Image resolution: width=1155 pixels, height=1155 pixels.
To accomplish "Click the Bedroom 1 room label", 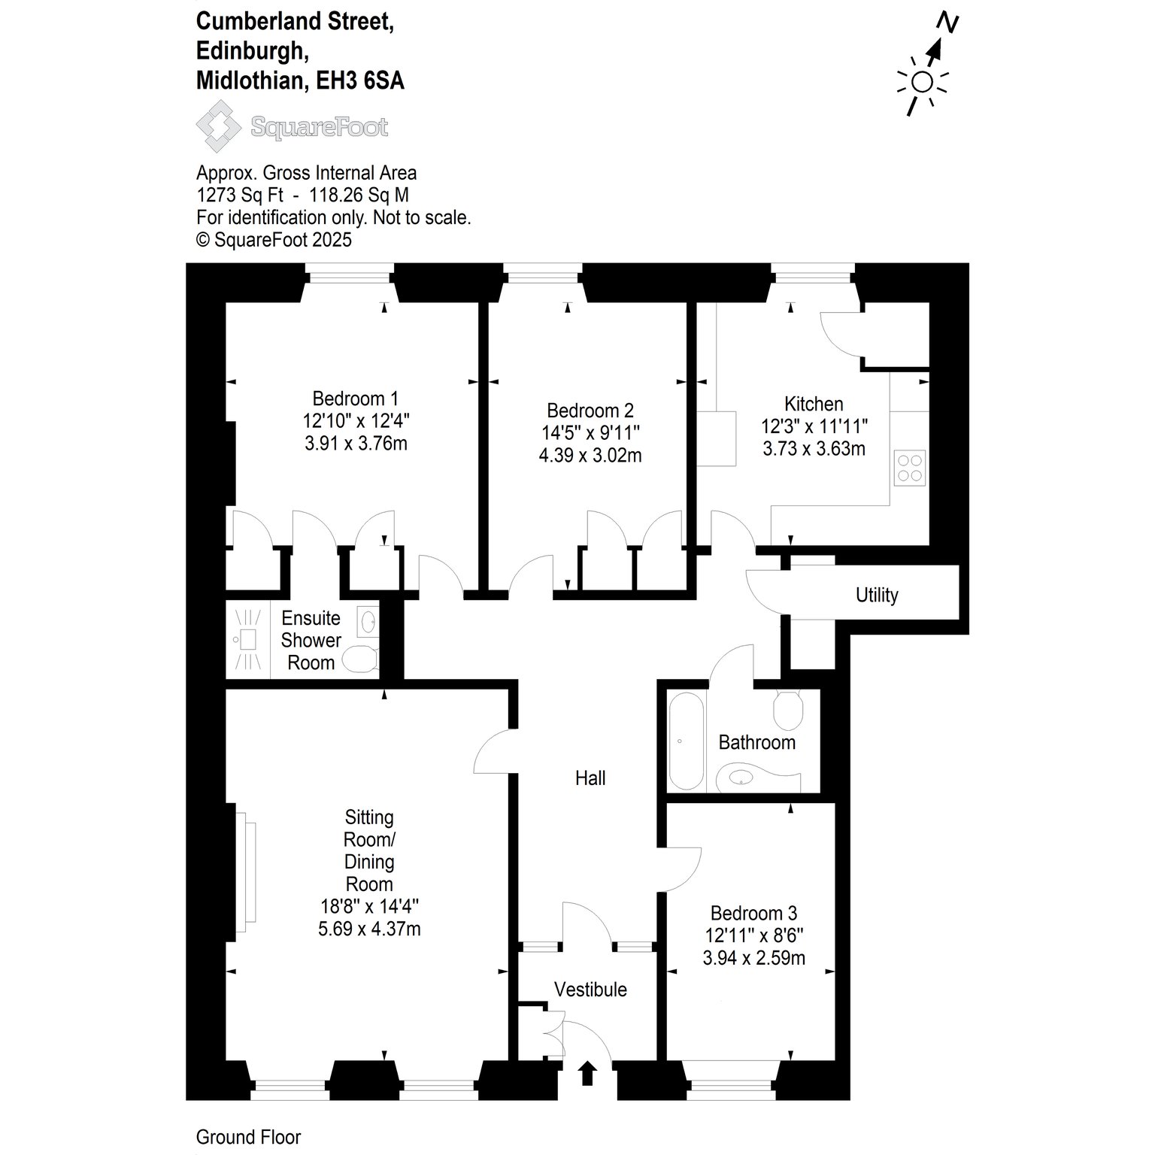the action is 356,399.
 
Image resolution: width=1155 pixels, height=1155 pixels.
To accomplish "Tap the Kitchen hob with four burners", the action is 910,467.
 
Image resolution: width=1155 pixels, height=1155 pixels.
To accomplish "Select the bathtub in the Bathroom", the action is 686,741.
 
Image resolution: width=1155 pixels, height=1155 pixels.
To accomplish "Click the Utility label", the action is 877,595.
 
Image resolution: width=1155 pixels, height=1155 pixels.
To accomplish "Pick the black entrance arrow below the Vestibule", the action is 587,1073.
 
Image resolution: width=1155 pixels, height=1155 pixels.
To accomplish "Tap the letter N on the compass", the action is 950,24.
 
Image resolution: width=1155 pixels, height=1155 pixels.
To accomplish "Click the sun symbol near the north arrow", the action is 923,81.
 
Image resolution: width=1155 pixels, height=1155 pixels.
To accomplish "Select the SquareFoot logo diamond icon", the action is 219,127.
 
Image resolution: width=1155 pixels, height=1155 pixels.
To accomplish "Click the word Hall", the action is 590,778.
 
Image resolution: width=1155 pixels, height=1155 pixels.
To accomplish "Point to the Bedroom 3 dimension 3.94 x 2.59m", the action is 753,958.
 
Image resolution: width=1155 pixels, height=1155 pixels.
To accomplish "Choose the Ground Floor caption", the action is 248,1138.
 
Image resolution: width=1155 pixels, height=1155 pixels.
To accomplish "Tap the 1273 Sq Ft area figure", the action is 240,196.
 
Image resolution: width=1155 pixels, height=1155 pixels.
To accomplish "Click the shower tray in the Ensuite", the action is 248,640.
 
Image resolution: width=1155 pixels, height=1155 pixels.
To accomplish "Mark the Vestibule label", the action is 590,990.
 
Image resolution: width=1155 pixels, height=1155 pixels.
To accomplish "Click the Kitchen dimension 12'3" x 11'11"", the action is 814,426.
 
